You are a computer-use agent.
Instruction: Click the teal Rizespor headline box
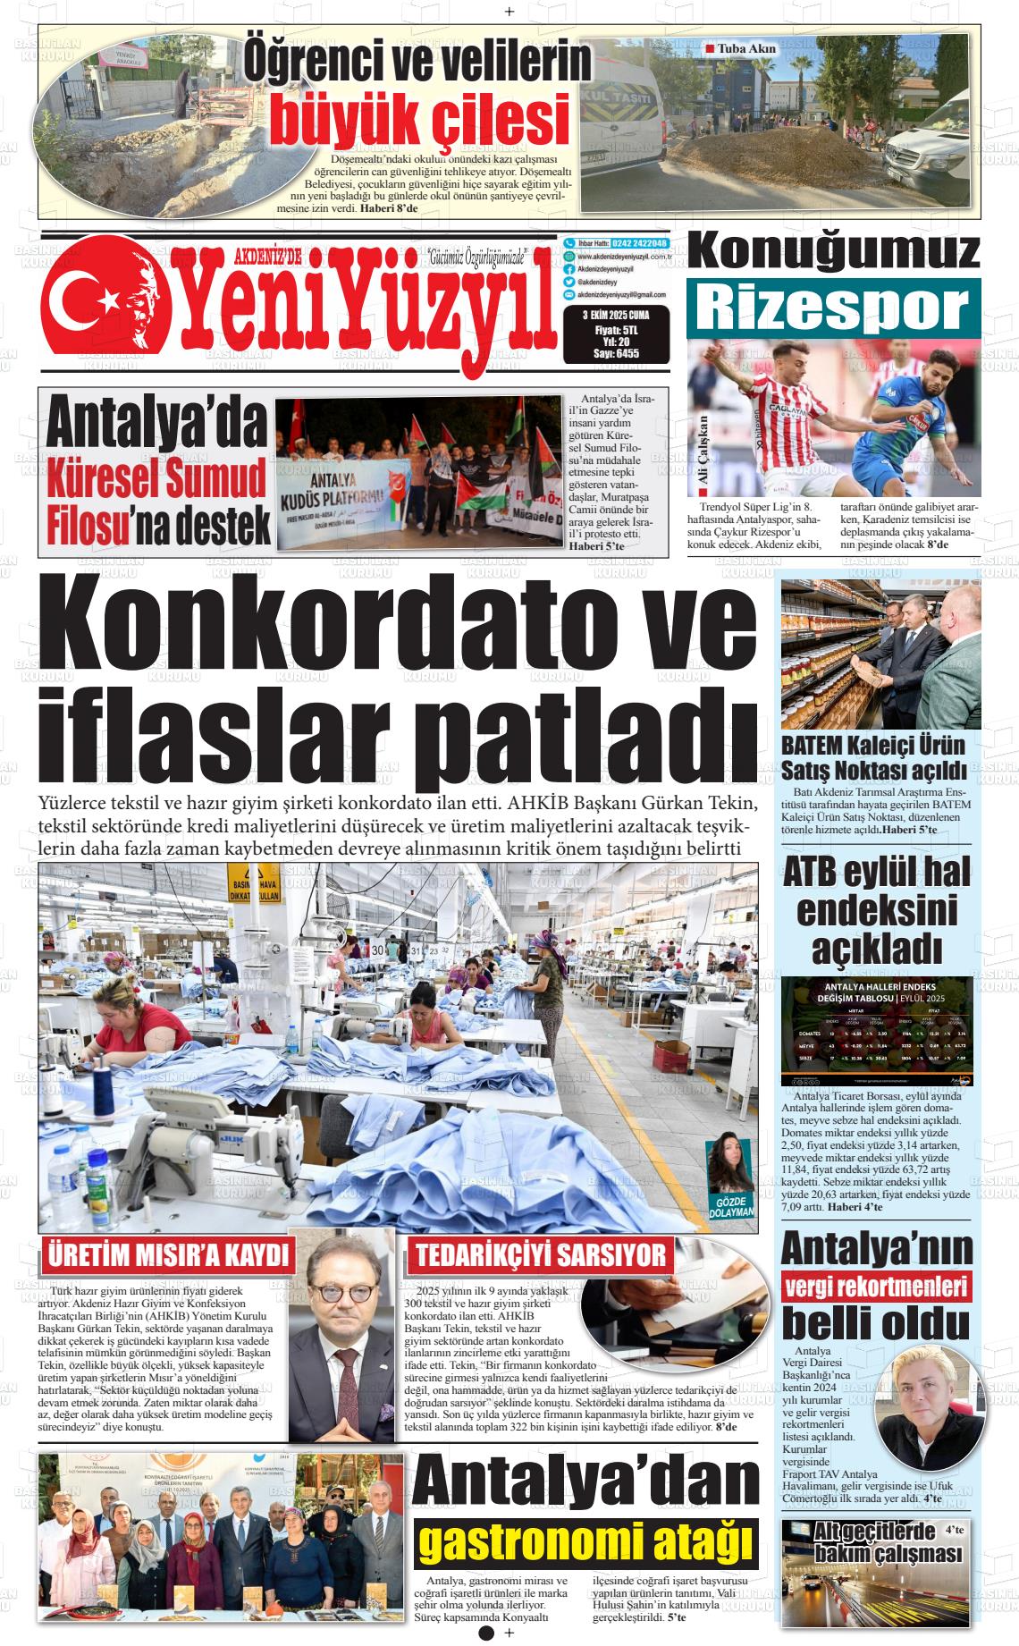(833, 308)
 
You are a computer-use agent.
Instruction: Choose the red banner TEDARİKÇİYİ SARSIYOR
(541, 1255)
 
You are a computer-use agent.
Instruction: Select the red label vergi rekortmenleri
(876, 1287)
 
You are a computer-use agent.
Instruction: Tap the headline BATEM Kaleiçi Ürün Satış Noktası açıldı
(874, 757)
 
